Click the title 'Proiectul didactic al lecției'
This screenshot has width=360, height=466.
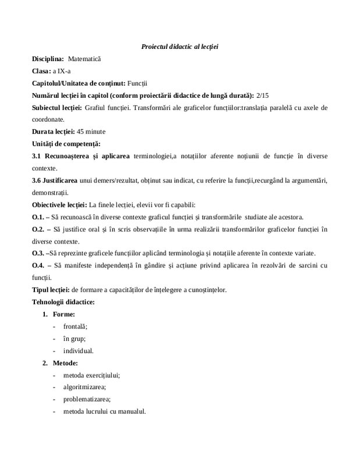(x=179, y=46)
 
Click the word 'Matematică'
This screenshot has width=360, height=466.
(x=84, y=59)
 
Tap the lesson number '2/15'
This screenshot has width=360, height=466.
(x=264, y=96)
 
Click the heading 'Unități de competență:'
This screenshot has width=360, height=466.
(x=66, y=143)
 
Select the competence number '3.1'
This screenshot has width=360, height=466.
(x=37, y=156)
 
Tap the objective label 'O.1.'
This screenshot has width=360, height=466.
(x=38, y=217)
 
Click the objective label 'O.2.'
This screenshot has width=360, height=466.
(x=38, y=230)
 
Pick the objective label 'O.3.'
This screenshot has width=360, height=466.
(x=38, y=253)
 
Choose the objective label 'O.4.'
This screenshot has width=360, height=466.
(x=38, y=266)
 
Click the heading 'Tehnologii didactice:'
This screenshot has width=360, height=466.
(x=63, y=302)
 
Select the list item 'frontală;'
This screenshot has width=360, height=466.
(x=75, y=327)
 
